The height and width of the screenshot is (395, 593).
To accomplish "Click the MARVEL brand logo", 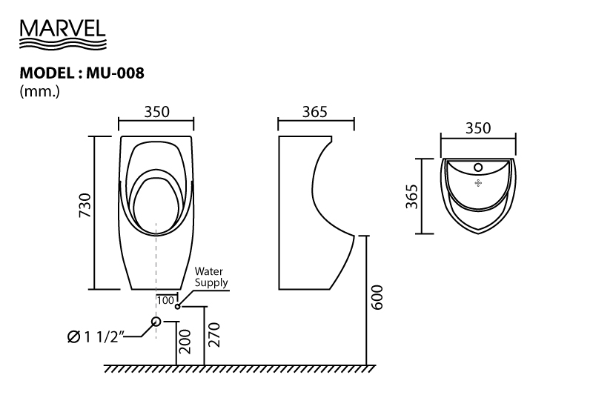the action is (63, 34).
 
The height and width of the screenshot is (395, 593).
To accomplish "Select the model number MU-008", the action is (116, 73).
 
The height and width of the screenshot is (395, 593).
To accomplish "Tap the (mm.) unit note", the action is (40, 91).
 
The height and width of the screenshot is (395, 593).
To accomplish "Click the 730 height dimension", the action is (85, 205).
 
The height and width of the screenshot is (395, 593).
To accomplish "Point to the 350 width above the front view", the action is (157, 112).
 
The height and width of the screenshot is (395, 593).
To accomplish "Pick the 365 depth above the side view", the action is (315, 112).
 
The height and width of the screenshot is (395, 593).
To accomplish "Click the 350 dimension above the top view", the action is (478, 128).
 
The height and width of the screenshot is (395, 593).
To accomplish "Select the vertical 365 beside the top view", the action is (412, 196).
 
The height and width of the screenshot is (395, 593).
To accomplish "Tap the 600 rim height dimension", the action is (377, 297).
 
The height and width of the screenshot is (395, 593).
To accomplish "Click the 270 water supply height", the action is (214, 334).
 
